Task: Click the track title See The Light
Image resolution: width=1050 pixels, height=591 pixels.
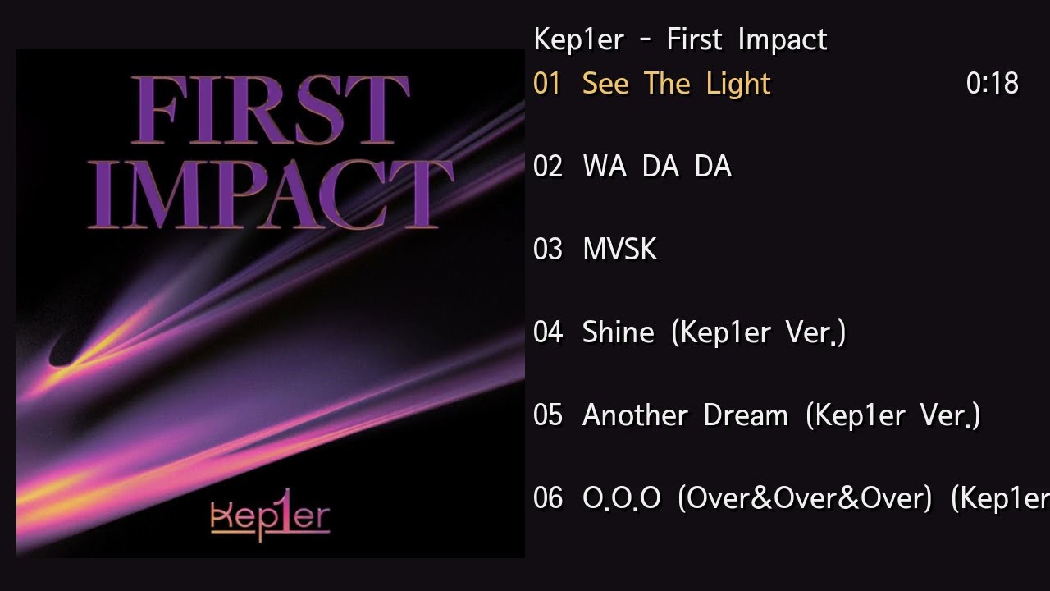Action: point(676,84)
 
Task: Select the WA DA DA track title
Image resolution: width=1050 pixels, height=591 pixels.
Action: point(656,167)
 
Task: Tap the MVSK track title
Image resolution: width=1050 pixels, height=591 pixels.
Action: point(619,250)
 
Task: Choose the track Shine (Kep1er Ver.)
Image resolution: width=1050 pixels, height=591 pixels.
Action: point(714,332)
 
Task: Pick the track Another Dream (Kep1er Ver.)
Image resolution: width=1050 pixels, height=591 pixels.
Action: point(781,415)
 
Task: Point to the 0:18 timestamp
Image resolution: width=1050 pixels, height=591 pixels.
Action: point(993,84)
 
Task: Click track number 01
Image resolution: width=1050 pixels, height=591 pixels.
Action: point(547,84)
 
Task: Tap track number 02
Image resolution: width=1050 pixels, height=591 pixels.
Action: point(547,167)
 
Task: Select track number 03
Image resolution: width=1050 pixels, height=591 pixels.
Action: point(547,250)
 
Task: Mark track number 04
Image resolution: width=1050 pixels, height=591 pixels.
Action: point(547,332)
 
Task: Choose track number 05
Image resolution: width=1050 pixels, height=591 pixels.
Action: point(547,415)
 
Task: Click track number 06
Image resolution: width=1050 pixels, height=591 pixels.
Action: point(547,498)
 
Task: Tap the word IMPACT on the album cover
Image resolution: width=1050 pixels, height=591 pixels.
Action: point(270,193)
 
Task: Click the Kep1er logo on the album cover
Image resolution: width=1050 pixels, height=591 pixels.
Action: point(270,518)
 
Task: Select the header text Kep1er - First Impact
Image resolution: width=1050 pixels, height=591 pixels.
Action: point(680,39)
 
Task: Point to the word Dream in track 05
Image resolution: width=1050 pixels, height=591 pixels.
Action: point(746,415)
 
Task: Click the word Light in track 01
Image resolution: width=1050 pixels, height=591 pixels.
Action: point(739,84)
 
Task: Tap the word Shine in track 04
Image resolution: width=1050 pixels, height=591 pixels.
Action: point(618,332)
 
